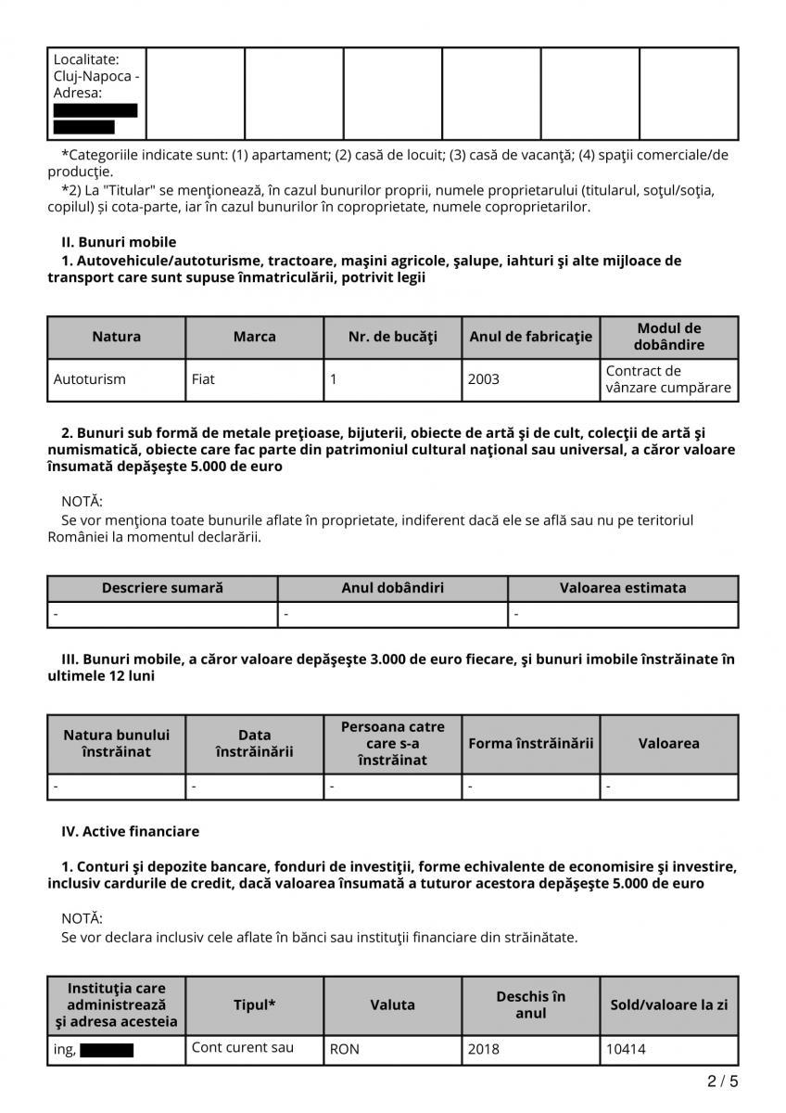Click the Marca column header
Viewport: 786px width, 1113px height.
tap(254, 337)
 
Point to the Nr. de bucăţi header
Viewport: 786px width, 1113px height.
tap(392, 337)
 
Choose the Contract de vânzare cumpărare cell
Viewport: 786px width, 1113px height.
tap(668, 379)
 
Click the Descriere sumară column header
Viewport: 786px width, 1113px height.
tap(162, 588)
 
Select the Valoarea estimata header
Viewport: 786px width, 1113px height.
tap(623, 588)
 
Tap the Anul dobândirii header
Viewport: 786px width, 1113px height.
tap(392, 588)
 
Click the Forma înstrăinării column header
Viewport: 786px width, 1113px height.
tap(530, 744)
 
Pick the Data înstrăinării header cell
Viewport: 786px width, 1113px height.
tap(254, 744)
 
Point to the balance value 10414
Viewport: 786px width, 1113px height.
tap(626, 1050)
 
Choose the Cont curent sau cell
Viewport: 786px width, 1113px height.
tap(242, 1047)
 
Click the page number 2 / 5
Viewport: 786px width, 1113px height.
tap(723, 1081)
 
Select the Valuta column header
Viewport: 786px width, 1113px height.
tap(392, 1004)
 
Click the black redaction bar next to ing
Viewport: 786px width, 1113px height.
tap(107, 1050)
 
